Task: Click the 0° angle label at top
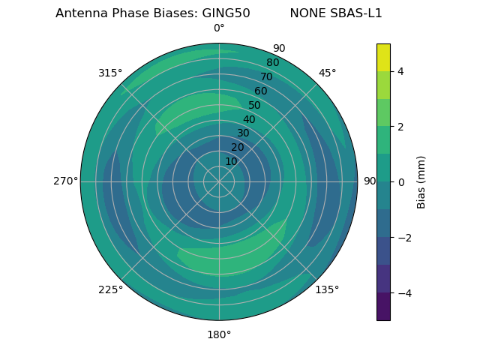(219, 28)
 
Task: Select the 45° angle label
(327, 73)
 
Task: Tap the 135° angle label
(327, 289)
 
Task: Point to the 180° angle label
(219, 334)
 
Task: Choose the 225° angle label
(110, 289)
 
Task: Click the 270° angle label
(65, 181)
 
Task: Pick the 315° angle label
(110, 73)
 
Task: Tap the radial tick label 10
(231, 161)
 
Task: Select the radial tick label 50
(255, 105)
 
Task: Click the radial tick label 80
(272, 63)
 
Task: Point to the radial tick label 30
(243, 133)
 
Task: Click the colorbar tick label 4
(400, 71)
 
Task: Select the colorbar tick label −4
(403, 293)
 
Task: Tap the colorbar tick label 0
(400, 182)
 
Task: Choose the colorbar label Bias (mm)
(421, 182)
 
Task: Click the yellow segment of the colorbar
(383, 57)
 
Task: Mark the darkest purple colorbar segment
(383, 307)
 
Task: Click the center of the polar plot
(219, 181)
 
